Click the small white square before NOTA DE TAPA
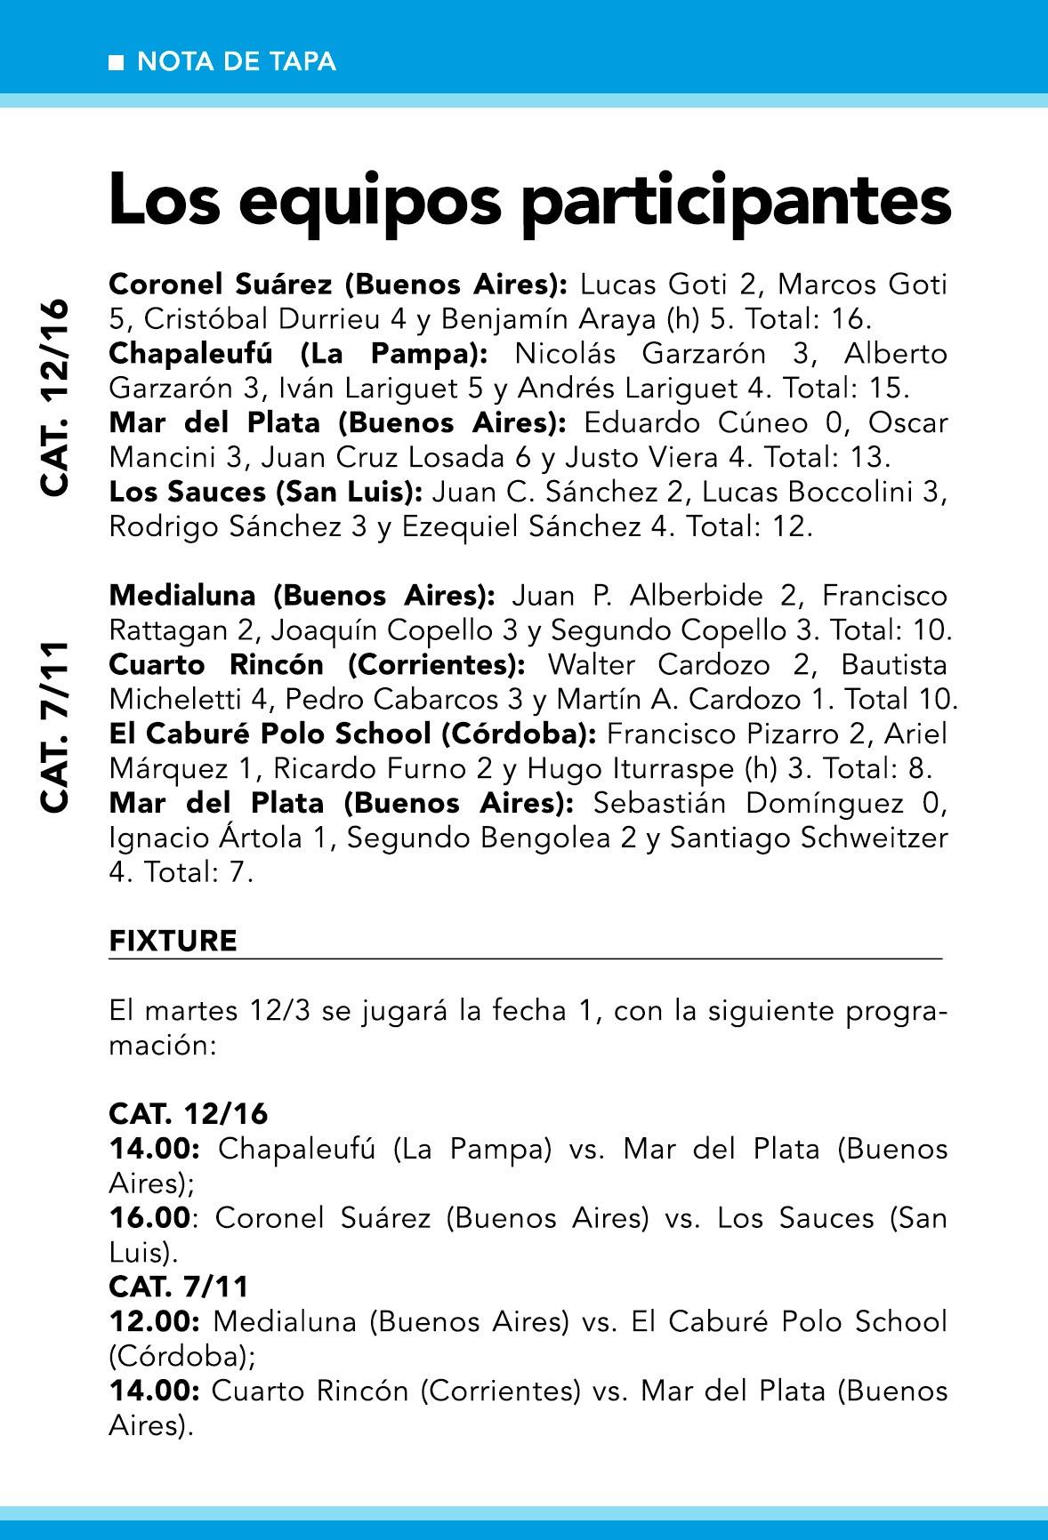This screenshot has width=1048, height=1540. coord(116,63)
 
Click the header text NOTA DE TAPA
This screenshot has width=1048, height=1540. coord(237,62)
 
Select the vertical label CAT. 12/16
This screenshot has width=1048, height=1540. coord(55,397)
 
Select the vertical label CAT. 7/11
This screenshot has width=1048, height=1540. coord(55,726)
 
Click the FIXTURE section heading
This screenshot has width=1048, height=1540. coord(173,941)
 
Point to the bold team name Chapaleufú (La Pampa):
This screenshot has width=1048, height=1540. coord(298,354)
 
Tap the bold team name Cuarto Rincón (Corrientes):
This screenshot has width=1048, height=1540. coord(317,665)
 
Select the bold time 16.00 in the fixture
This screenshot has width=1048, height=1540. coord(149,1218)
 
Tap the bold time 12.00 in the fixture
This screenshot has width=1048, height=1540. coord(153,1322)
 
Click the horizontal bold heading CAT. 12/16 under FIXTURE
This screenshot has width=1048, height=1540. coord(189,1114)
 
